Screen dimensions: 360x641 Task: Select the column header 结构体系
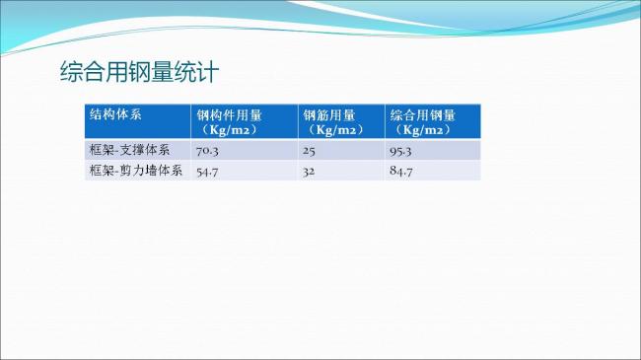(115, 113)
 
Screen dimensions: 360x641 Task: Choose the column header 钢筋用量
(328, 114)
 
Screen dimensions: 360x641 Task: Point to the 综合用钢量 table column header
(422, 114)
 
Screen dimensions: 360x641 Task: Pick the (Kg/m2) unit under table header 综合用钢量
(421, 129)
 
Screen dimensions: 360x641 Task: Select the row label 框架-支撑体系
(129, 150)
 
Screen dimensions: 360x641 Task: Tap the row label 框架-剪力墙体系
(135, 171)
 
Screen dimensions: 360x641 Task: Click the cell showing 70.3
(207, 151)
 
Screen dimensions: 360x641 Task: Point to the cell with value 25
(309, 151)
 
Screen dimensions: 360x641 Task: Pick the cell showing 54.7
(207, 172)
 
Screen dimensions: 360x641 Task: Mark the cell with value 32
(309, 172)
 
